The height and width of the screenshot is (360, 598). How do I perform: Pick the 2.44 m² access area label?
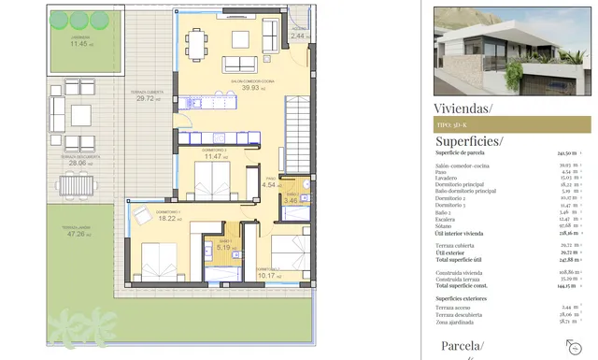[299, 36]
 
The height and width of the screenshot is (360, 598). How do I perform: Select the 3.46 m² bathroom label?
[291, 200]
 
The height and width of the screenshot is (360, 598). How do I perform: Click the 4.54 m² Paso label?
[269, 184]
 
